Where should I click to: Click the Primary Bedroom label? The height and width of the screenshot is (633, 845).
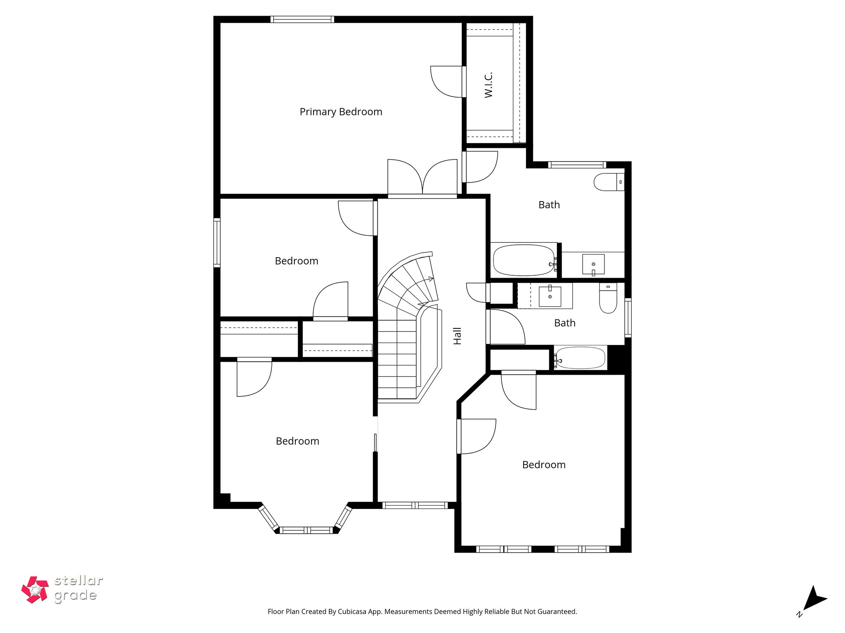(x=341, y=112)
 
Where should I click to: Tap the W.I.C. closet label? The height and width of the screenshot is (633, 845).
(x=489, y=85)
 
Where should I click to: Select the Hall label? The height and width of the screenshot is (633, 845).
(x=457, y=336)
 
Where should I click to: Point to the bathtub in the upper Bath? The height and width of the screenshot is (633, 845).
(x=524, y=260)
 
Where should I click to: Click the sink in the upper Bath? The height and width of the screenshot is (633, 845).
(x=593, y=264)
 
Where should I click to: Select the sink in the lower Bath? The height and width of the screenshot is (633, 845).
(x=550, y=297)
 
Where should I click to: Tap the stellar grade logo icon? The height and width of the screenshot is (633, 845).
(x=35, y=590)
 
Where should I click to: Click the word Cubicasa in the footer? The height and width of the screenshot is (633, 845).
(x=353, y=612)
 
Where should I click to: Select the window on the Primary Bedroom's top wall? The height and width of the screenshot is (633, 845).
(x=302, y=19)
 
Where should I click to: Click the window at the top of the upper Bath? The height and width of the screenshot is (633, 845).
(x=577, y=165)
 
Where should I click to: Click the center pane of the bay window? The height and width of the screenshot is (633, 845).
(x=306, y=530)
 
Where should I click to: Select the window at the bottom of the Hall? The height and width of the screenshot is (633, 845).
(x=415, y=505)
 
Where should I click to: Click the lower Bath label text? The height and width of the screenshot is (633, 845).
(x=564, y=323)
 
